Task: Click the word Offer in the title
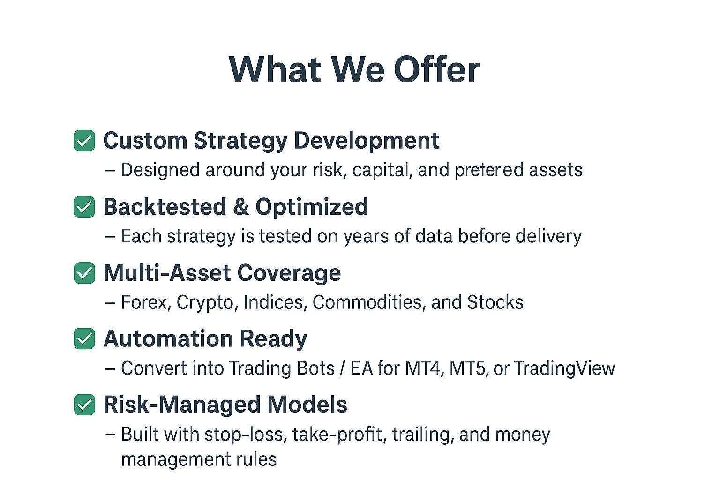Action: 437,69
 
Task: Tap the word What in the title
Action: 275,69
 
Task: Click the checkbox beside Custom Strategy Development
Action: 84,141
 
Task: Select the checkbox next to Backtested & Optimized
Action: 84,207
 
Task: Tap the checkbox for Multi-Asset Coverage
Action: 84,273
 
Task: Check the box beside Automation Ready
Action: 84,338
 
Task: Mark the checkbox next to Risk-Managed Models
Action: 84,405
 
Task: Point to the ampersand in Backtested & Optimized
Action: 241,206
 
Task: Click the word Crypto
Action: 205,303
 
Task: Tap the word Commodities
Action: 367,302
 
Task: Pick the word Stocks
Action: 495,302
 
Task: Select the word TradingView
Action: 564,369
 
